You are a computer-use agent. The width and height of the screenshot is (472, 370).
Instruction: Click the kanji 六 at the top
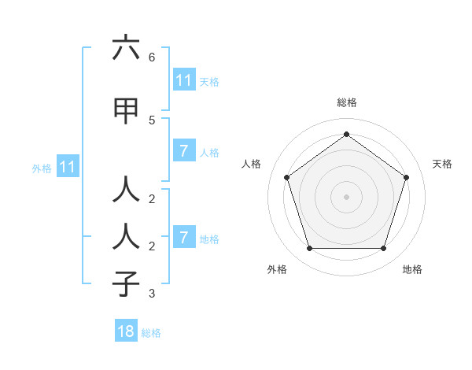click(126, 49)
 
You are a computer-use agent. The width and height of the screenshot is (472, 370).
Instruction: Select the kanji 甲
click(126, 111)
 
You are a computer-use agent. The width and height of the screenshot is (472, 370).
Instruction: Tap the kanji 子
click(126, 284)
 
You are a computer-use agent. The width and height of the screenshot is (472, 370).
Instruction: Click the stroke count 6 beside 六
click(151, 57)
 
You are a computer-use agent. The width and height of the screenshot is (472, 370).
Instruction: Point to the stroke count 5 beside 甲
click(151, 120)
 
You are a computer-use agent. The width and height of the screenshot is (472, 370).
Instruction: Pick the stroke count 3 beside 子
click(151, 294)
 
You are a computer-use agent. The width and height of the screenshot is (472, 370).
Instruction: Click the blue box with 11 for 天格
click(183, 80)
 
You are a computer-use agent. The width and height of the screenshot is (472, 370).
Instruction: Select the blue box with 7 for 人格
click(183, 151)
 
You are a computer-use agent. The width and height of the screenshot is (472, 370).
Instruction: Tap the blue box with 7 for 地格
click(183, 238)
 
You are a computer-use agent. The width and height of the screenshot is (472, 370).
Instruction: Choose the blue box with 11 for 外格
click(67, 167)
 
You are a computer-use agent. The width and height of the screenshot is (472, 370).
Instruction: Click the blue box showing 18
click(126, 331)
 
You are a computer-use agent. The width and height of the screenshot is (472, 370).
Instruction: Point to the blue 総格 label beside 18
click(151, 333)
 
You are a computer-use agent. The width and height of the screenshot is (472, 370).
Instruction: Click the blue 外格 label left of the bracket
click(42, 168)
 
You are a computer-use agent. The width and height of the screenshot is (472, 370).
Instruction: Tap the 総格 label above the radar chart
click(346, 102)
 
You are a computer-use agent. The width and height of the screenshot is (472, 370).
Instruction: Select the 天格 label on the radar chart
click(442, 164)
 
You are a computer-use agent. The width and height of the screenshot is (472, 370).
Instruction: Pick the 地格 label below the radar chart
click(412, 270)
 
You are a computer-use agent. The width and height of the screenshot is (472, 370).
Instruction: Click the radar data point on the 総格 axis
click(346, 134)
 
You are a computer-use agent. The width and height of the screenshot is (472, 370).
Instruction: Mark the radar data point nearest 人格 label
click(287, 177)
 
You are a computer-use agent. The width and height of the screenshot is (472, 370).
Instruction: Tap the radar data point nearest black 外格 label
click(309, 248)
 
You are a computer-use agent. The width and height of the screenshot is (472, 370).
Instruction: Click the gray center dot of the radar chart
click(346, 197)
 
